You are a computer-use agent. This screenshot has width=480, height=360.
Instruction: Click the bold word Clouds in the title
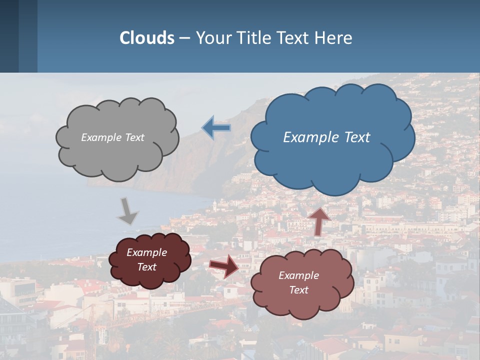click(147, 38)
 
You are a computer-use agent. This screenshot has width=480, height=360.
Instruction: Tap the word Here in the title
click(335, 38)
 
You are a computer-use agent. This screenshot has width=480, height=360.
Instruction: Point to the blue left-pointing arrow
click(216, 128)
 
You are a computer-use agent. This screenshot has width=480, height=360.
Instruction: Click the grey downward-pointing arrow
click(127, 211)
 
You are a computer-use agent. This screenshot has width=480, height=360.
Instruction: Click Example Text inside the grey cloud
click(112, 137)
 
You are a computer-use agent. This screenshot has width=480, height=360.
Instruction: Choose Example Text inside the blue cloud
click(326, 137)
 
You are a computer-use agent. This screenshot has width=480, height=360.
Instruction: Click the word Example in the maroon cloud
click(146, 252)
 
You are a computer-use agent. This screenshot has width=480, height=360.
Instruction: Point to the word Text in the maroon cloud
click(146, 267)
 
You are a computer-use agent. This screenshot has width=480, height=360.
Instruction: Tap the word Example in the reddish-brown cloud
click(298, 275)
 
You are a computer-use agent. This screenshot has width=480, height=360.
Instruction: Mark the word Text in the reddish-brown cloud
click(298, 290)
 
